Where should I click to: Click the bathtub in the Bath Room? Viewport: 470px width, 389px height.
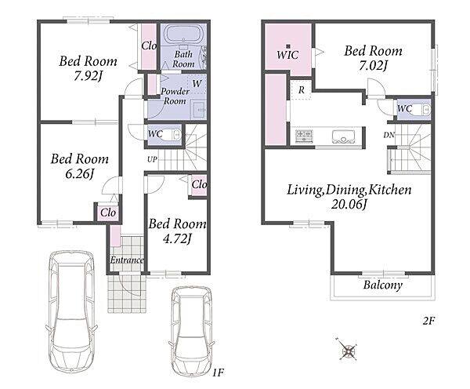[183, 35]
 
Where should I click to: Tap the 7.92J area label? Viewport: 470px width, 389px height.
[88, 76]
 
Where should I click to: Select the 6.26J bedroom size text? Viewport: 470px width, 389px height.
[80, 174]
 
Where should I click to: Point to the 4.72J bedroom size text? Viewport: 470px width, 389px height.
[177, 238]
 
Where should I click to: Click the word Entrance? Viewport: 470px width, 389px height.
[126, 260]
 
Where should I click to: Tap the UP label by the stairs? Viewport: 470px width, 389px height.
[152, 159]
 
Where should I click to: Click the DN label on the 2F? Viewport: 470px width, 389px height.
[389, 135]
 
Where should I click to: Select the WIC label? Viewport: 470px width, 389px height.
[287, 55]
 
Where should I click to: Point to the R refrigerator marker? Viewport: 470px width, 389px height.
[302, 89]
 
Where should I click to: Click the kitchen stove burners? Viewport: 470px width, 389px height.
[304, 136]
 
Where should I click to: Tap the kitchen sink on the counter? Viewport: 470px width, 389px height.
[344, 136]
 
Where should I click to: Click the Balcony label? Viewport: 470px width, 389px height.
[383, 285]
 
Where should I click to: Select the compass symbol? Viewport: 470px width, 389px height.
[348, 350]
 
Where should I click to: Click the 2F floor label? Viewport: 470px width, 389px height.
[428, 322]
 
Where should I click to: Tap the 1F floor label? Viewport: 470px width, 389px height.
[219, 373]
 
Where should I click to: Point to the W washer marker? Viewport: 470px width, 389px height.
[197, 83]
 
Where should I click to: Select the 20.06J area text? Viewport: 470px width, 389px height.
[349, 205]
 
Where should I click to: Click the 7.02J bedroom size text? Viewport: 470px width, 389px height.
[374, 65]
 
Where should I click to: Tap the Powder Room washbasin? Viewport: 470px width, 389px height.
[198, 109]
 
